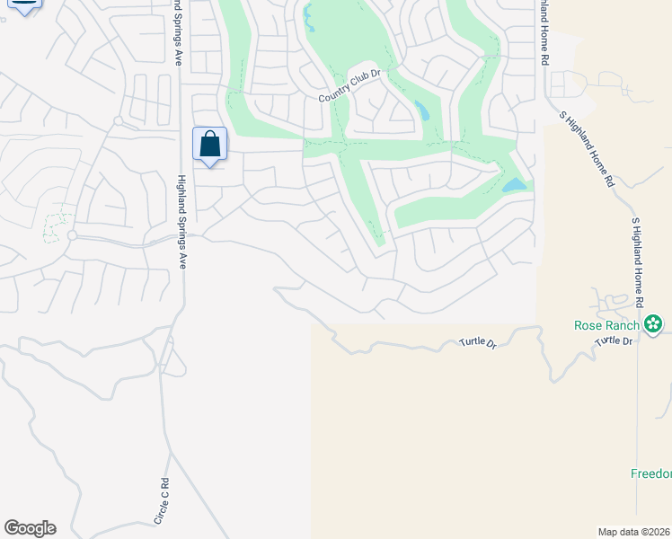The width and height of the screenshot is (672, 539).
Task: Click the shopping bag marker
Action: pos(209,145)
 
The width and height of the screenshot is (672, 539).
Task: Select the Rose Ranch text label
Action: pos(607,325)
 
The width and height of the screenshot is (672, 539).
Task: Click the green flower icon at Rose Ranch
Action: pos(654,323)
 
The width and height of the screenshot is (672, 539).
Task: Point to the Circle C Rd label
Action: pos(163,501)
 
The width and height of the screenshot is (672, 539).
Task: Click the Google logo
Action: pos(30,528)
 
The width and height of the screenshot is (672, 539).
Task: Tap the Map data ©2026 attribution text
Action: pos(634,532)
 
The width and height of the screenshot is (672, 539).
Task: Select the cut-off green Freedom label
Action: pos(650,473)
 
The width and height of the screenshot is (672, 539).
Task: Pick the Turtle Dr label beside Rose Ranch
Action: pos(615,340)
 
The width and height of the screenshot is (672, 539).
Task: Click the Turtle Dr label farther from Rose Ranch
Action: pos(478,343)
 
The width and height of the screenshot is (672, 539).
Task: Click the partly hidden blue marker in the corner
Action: pos(24,5)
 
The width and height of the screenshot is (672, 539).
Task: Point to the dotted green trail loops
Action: pos(58,224)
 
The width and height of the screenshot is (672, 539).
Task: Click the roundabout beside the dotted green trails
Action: pos(71,236)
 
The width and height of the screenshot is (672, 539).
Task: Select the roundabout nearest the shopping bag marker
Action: pos(118,120)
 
